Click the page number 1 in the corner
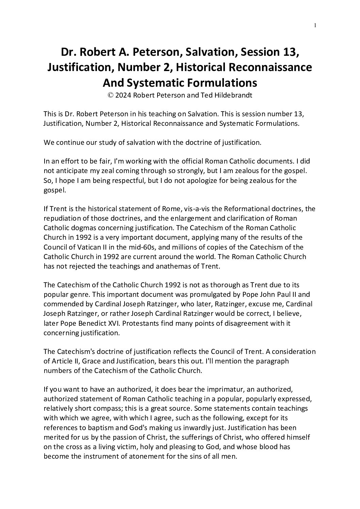pyautogui.click(x=315, y=25)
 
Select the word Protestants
pyautogui.click(x=137, y=323)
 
